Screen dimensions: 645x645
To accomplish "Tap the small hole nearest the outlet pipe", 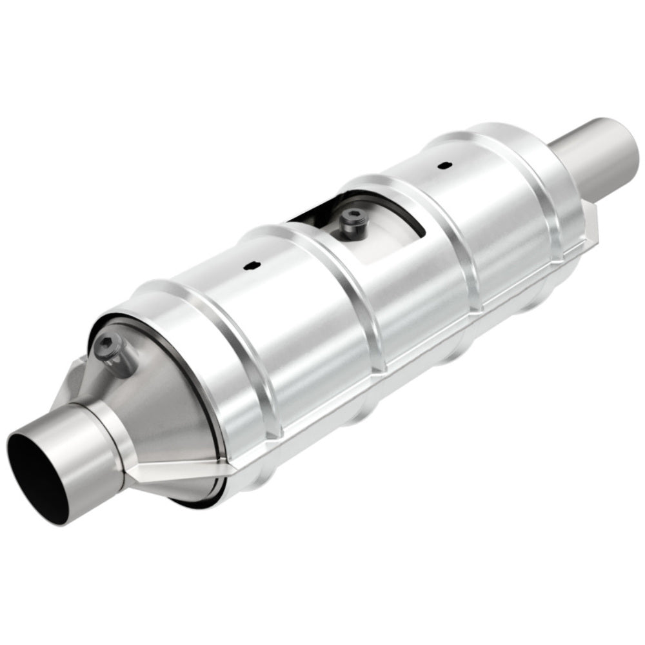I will (x=442, y=165).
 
